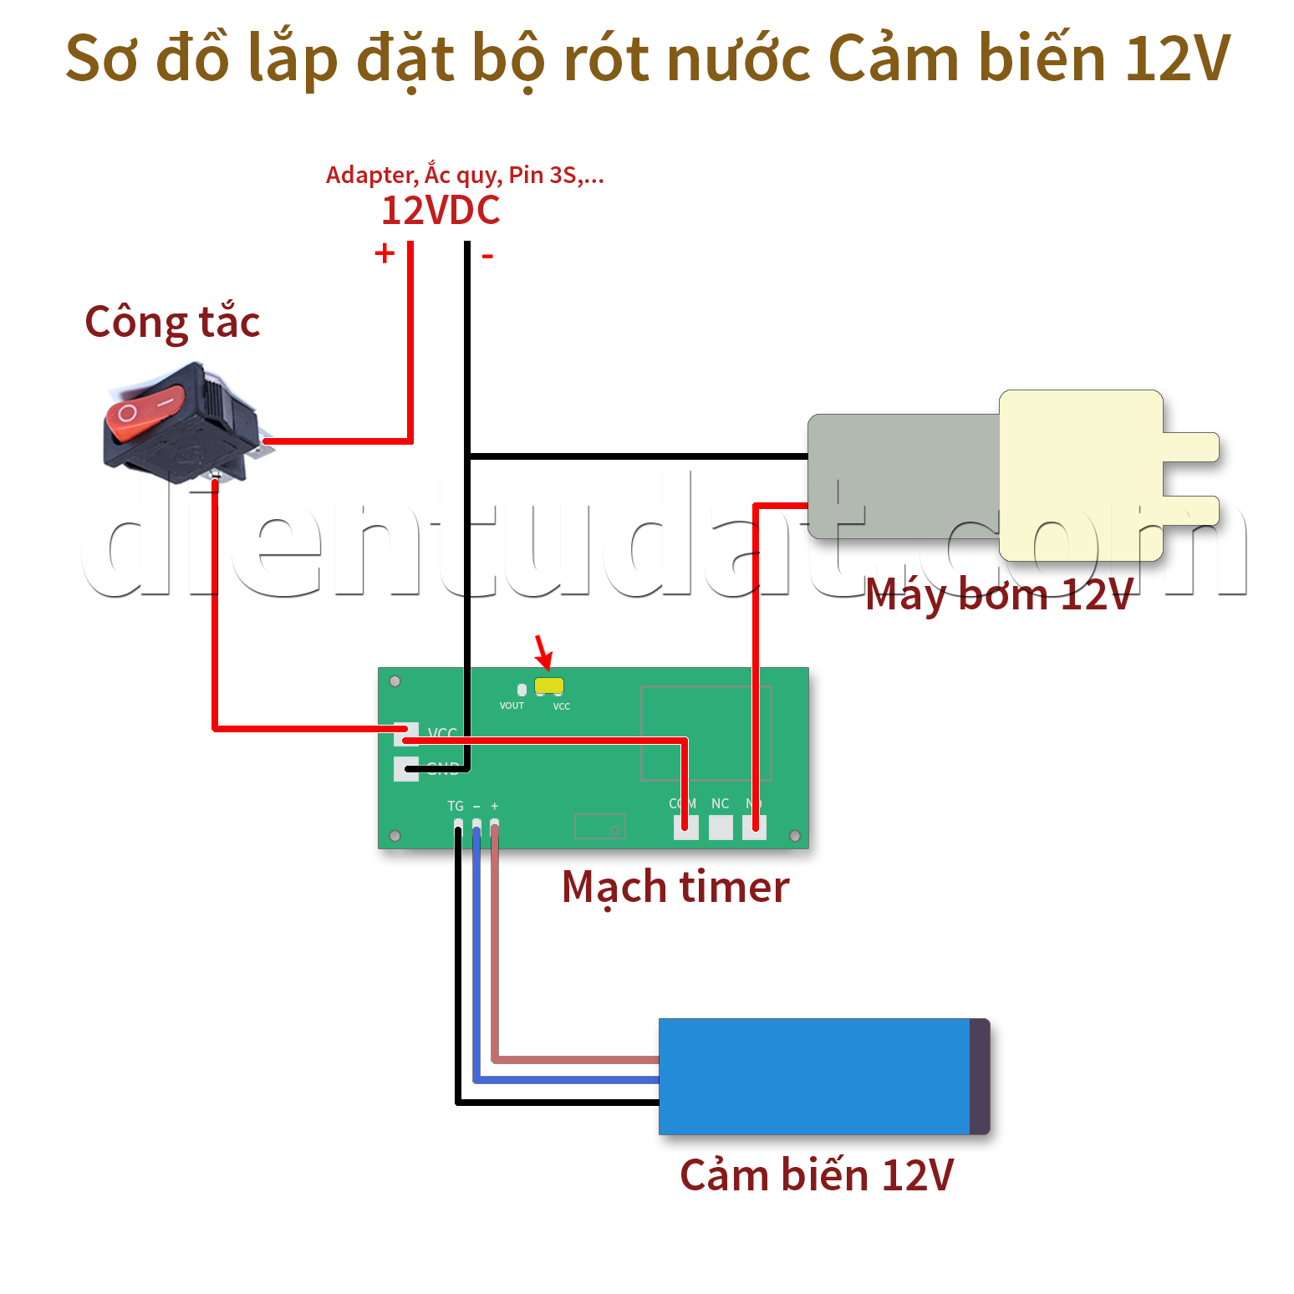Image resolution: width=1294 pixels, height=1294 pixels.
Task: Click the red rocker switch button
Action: point(144,411)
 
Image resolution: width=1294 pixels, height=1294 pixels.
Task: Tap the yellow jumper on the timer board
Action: point(549,686)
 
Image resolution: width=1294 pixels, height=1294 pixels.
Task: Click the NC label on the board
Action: point(720,803)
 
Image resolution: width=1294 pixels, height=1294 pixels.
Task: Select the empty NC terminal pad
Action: point(721,828)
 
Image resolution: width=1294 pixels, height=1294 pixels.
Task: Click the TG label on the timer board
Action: point(456,806)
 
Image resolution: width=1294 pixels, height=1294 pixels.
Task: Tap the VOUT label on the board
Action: point(512,706)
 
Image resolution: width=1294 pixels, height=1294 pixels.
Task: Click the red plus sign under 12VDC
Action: point(385,252)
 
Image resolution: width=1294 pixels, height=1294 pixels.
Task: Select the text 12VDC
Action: point(441,211)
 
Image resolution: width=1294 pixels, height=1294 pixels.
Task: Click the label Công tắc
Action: point(172,323)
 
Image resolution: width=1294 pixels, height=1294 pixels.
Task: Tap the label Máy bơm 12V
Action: point(999,594)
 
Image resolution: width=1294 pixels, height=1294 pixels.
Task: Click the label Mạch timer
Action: point(675,887)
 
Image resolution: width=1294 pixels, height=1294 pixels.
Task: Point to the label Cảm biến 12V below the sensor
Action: point(817,1175)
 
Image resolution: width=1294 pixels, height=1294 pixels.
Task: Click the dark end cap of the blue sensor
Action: point(979,1077)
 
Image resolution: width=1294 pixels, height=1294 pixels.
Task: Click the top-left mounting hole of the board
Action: point(395,681)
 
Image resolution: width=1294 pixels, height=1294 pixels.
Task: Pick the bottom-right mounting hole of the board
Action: point(795,836)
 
